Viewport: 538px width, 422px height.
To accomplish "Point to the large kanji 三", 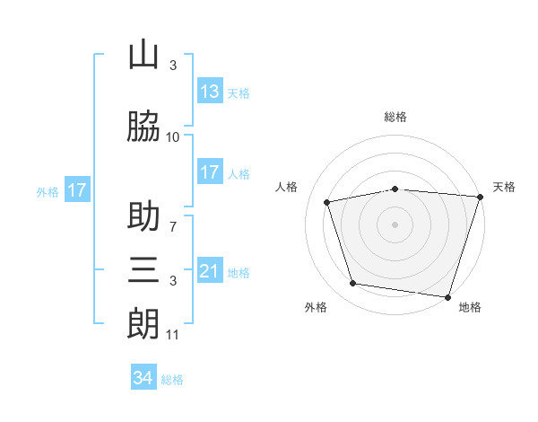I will [143, 268].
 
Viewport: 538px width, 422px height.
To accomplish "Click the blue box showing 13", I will [209, 91].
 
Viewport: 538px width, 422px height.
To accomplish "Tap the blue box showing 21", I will [209, 271].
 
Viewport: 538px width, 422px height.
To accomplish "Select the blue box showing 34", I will [143, 378].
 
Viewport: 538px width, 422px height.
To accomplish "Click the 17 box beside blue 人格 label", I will [209, 172].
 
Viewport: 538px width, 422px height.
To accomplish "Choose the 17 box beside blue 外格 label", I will [77, 190].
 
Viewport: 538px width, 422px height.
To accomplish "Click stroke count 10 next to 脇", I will [173, 137].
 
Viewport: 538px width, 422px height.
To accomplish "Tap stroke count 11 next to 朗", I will [173, 335].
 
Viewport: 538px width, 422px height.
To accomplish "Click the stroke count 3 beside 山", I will [173, 66].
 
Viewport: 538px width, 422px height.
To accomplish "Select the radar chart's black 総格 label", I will [395, 117].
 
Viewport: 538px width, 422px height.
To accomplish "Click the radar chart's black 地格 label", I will [470, 307].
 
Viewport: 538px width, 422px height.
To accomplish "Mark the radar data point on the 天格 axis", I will [480, 197].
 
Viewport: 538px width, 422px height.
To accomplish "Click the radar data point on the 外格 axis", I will [353, 284].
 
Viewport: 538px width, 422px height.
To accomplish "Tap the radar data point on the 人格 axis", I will [328, 202].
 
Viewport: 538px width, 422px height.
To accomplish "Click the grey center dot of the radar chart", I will [395, 224].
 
